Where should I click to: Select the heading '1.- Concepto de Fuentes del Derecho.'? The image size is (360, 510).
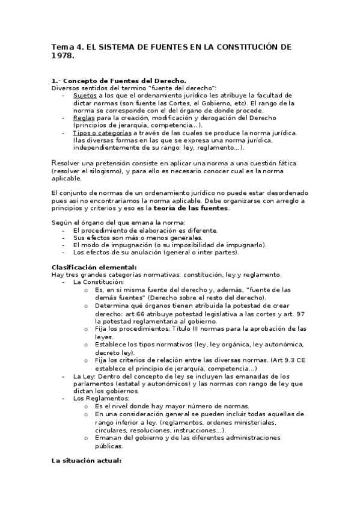coord(118,81)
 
